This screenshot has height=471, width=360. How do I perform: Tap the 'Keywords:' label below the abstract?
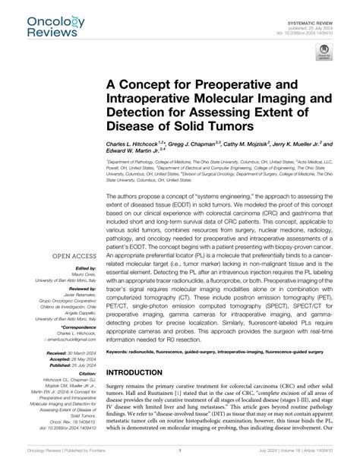[x=128, y=352]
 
